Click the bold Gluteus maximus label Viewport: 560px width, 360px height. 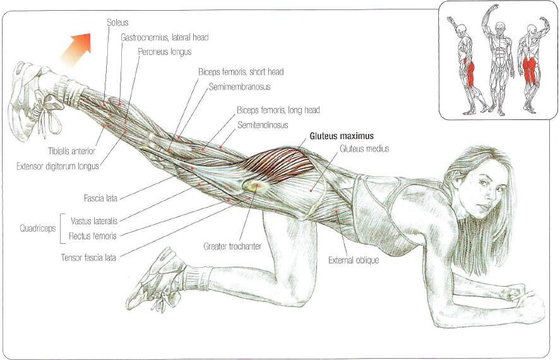341,136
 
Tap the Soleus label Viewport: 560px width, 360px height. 117,22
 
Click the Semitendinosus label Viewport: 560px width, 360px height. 263,125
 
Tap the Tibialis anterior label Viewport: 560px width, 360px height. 71,152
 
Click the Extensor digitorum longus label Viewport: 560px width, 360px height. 57,167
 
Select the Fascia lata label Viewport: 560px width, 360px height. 100,198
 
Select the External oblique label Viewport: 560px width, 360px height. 354,260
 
